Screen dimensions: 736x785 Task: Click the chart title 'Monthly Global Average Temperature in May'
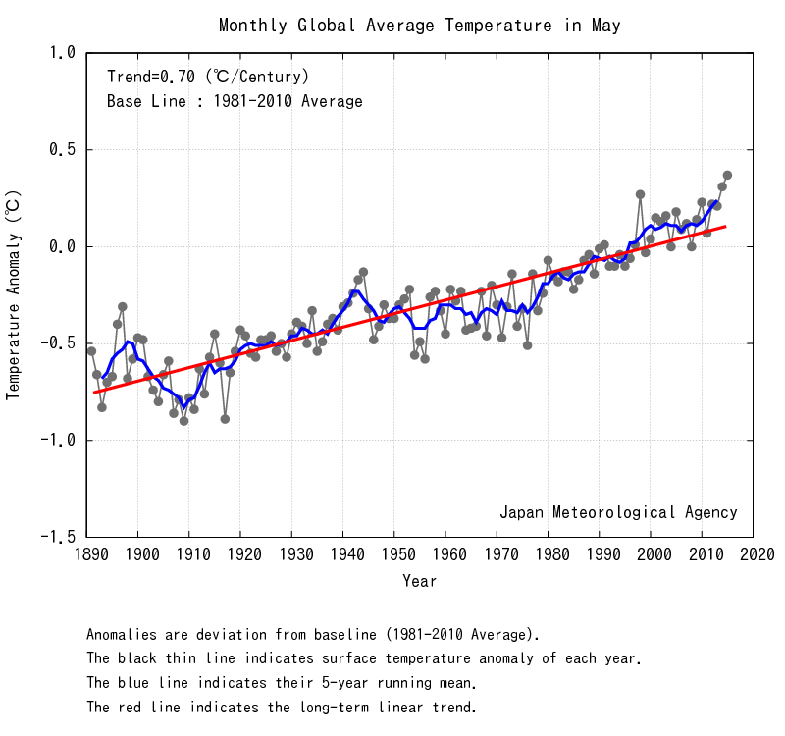click(x=420, y=26)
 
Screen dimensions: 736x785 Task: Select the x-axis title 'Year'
click(x=420, y=581)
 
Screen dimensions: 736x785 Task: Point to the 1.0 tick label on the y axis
click(x=62, y=53)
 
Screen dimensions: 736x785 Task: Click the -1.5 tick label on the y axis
click(x=58, y=538)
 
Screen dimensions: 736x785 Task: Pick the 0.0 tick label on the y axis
click(x=62, y=247)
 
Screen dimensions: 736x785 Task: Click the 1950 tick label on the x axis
click(x=394, y=555)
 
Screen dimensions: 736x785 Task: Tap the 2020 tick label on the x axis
click(x=754, y=555)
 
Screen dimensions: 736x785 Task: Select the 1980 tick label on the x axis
click(x=549, y=555)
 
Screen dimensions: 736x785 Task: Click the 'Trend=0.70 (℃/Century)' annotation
click(x=208, y=76)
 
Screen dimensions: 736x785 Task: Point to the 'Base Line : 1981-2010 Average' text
click(x=235, y=101)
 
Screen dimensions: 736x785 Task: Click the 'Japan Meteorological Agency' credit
click(x=618, y=512)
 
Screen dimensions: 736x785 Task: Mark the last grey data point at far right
click(x=727, y=176)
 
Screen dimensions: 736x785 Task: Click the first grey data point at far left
click(x=91, y=351)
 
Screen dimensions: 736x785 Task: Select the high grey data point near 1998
click(x=640, y=194)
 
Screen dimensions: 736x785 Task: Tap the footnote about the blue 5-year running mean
click(x=282, y=683)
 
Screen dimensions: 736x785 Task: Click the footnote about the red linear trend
click(x=282, y=707)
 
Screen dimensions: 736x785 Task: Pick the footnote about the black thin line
click(x=364, y=658)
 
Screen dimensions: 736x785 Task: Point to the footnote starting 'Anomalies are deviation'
click(x=313, y=634)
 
